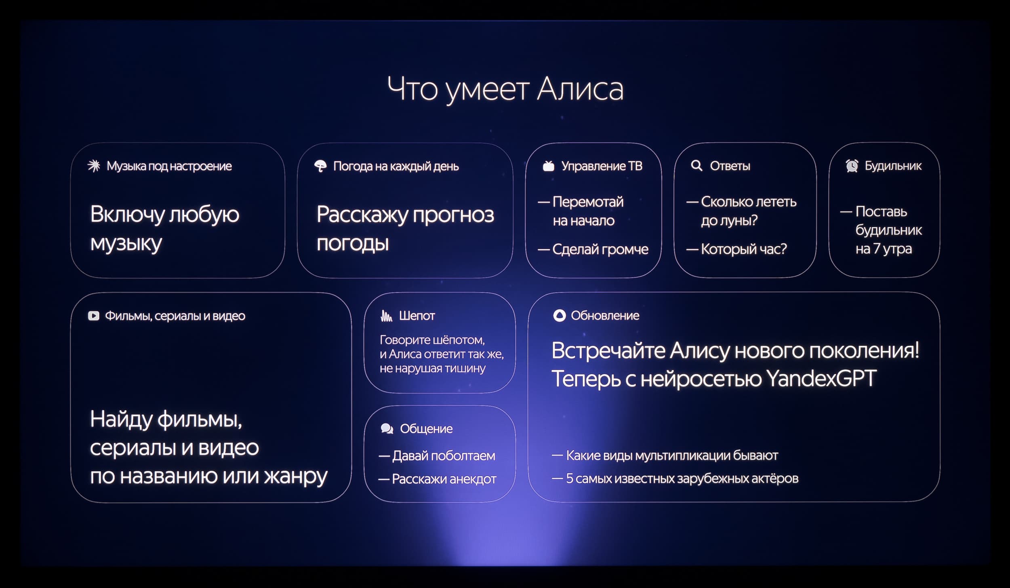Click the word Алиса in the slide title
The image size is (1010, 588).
tap(580, 89)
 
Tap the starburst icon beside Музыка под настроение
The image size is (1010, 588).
tap(94, 166)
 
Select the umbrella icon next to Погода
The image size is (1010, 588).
tap(320, 166)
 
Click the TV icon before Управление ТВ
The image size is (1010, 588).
tap(548, 166)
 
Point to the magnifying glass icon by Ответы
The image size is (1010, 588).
tap(696, 166)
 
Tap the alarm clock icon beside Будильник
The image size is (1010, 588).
tap(852, 166)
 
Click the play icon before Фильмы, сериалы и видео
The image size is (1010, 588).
tap(93, 316)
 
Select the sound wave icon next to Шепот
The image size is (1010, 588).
tap(386, 316)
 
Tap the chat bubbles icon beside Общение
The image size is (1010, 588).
tap(387, 428)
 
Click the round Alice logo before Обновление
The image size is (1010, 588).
tap(559, 316)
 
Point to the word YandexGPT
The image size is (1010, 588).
tap(821, 379)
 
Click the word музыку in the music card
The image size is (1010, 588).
tap(126, 244)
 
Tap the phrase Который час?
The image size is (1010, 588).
tap(744, 249)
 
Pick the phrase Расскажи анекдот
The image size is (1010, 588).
tap(444, 479)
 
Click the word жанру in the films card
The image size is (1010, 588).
tap(295, 476)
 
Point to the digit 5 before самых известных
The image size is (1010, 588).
tap(570, 478)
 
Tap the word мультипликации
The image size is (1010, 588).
tap(683, 456)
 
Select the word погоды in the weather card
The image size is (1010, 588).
tap(353, 244)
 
